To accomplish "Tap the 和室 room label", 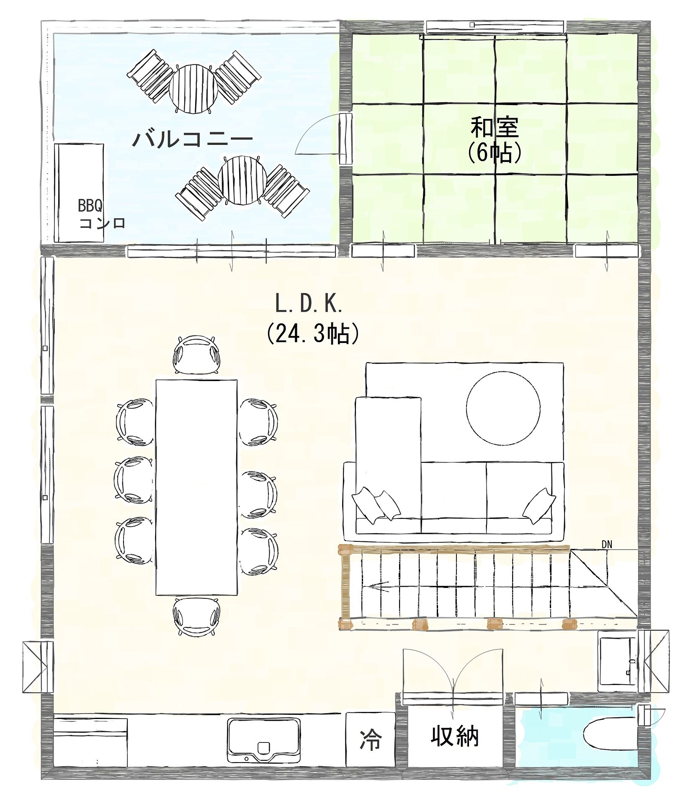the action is tap(495, 127).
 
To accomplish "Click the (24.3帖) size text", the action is tap(313, 333).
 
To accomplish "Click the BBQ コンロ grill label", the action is tap(102, 214).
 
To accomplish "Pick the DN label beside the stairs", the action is tap(607, 545).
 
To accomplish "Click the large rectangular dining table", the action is tap(196, 487).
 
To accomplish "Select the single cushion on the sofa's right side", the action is tap(539, 506).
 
